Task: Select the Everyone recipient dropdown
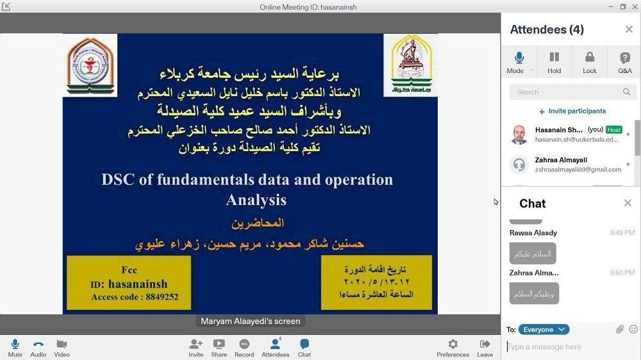(544, 329)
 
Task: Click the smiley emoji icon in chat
(633, 329)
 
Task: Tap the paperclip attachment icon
(619, 329)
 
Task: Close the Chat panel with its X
(628, 203)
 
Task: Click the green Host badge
(613, 129)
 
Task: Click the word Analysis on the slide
(256, 200)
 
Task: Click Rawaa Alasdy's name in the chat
(533, 233)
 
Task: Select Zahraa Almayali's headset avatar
(519, 165)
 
